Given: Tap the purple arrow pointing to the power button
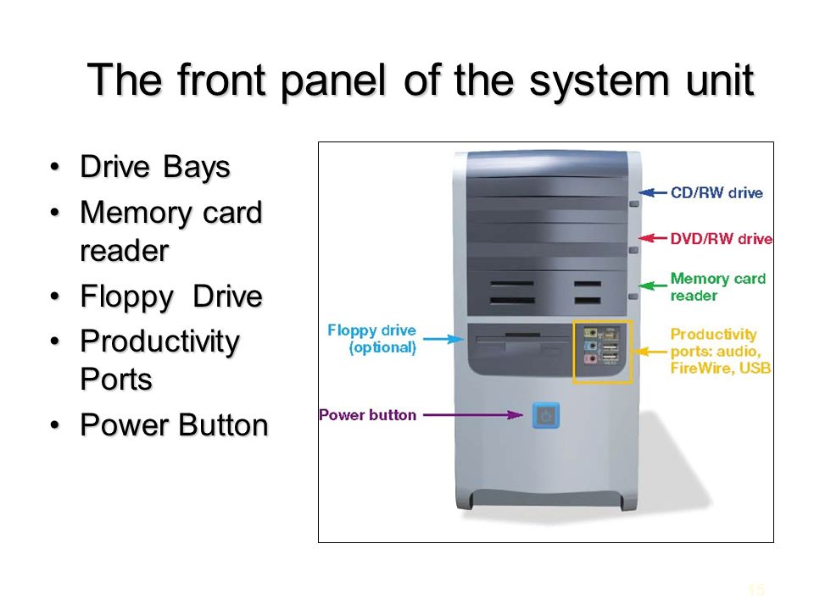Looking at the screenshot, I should [472, 415].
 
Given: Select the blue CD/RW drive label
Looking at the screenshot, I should [716, 193].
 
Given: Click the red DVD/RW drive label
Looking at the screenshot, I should [721, 239].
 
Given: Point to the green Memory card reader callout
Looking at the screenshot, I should [717, 286].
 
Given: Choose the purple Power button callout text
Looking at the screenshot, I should [367, 415].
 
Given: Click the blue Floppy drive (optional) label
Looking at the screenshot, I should [371, 338].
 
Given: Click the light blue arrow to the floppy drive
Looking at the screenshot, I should [442, 339].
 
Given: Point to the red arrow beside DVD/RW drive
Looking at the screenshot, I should [653, 239].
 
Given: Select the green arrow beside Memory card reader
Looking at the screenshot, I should [653, 285].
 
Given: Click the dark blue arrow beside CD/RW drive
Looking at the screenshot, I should [653, 192].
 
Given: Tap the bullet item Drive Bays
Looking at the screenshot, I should [154, 168].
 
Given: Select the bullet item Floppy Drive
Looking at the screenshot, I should [170, 298].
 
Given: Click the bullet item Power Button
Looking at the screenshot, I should [173, 424].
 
